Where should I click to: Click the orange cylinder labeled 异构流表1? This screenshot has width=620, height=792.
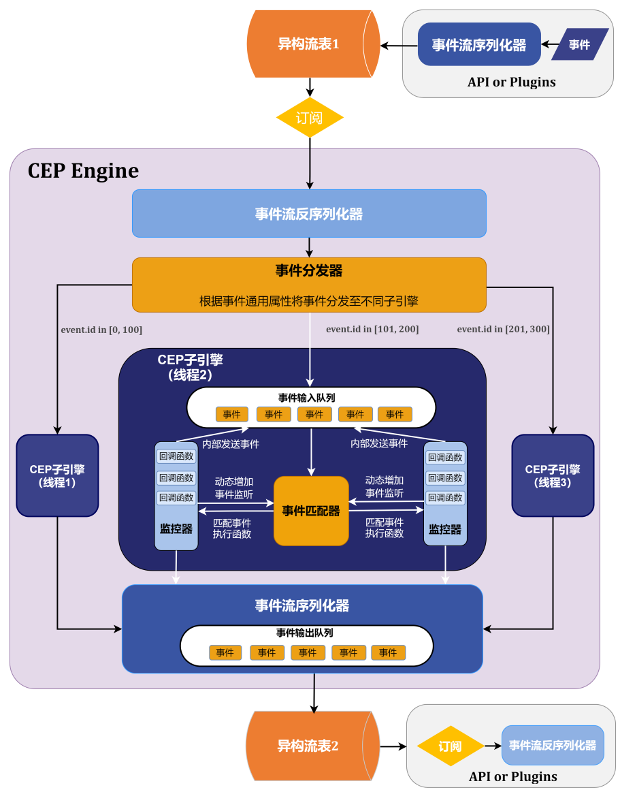click(310, 44)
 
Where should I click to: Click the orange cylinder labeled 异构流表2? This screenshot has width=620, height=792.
click(308, 745)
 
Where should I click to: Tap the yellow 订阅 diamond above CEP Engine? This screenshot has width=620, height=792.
click(310, 118)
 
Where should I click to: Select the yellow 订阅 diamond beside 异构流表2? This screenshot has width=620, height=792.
click(450, 746)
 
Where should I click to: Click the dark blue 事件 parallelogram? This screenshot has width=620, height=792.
click(580, 45)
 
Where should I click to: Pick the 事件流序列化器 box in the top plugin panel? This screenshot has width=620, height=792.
click(479, 45)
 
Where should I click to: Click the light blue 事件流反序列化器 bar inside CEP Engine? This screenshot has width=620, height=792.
click(309, 214)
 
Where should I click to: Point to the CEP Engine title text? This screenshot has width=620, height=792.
click(83, 170)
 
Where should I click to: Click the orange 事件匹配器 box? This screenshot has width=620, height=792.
click(311, 511)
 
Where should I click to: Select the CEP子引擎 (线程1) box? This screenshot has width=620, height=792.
click(57, 475)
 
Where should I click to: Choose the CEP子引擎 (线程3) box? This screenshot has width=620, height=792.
click(553, 475)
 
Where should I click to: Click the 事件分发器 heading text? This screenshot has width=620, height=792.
click(309, 271)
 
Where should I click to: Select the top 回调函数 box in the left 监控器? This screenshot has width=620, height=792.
click(176, 457)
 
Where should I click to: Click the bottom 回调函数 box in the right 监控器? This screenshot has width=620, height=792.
click(445, 498)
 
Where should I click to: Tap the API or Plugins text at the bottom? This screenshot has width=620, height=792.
click(512, 776)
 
